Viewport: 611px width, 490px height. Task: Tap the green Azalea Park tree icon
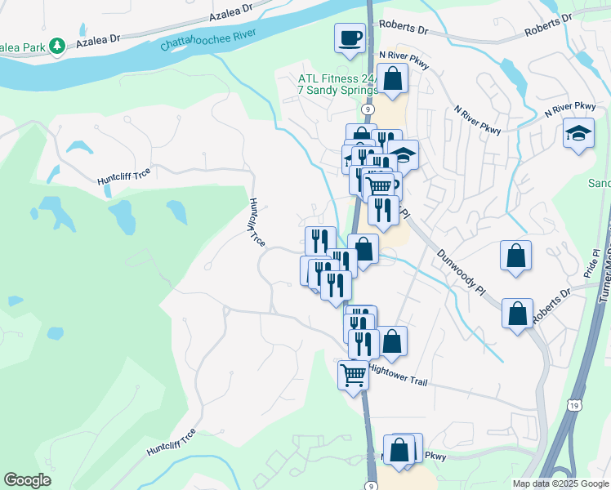[57, 46]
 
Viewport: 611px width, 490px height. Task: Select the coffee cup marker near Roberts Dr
[350, 38]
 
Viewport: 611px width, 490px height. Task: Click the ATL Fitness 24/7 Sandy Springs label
[336, 85]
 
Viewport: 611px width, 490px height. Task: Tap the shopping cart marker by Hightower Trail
[353, 376]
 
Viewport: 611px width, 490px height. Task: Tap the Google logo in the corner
[28, 480]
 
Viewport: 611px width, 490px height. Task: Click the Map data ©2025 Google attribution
[560, 484]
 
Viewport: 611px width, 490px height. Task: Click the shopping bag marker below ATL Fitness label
[392, 79]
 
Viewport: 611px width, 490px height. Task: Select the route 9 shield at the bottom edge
[372, 486]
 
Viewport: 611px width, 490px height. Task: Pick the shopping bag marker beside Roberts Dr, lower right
[516, 314]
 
